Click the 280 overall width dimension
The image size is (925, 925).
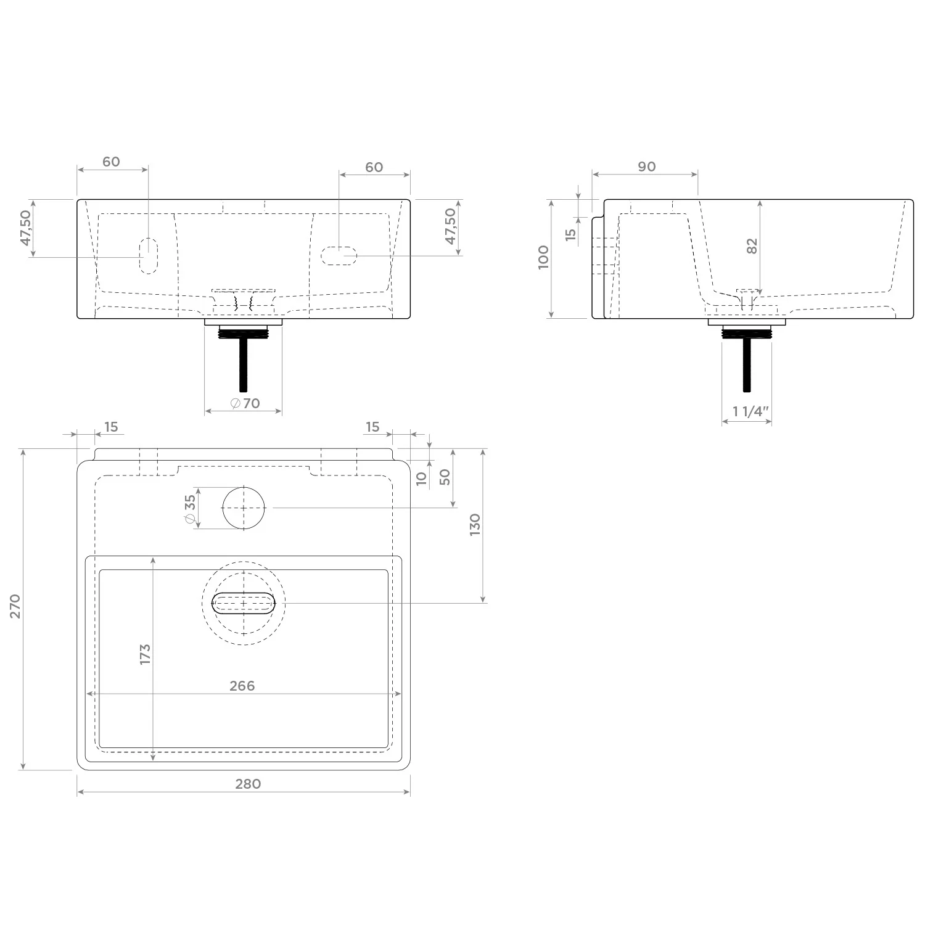pyautogui.click(x=248, y=784)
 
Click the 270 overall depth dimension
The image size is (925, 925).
pyautogui.click(x=15, y=606)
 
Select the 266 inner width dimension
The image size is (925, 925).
pyautogui.click(x=242, y=686)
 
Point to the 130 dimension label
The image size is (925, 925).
pyautogui.click(x=475, y=525)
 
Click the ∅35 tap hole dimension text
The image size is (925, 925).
pyautogui.click(x=190, y=510)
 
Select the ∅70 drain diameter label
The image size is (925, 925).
pyautogui.click(x=245, y=403)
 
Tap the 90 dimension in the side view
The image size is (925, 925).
pyautogui.click(x=646, y=166)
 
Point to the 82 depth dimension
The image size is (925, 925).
pyautogui.click(x=752, y=246)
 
